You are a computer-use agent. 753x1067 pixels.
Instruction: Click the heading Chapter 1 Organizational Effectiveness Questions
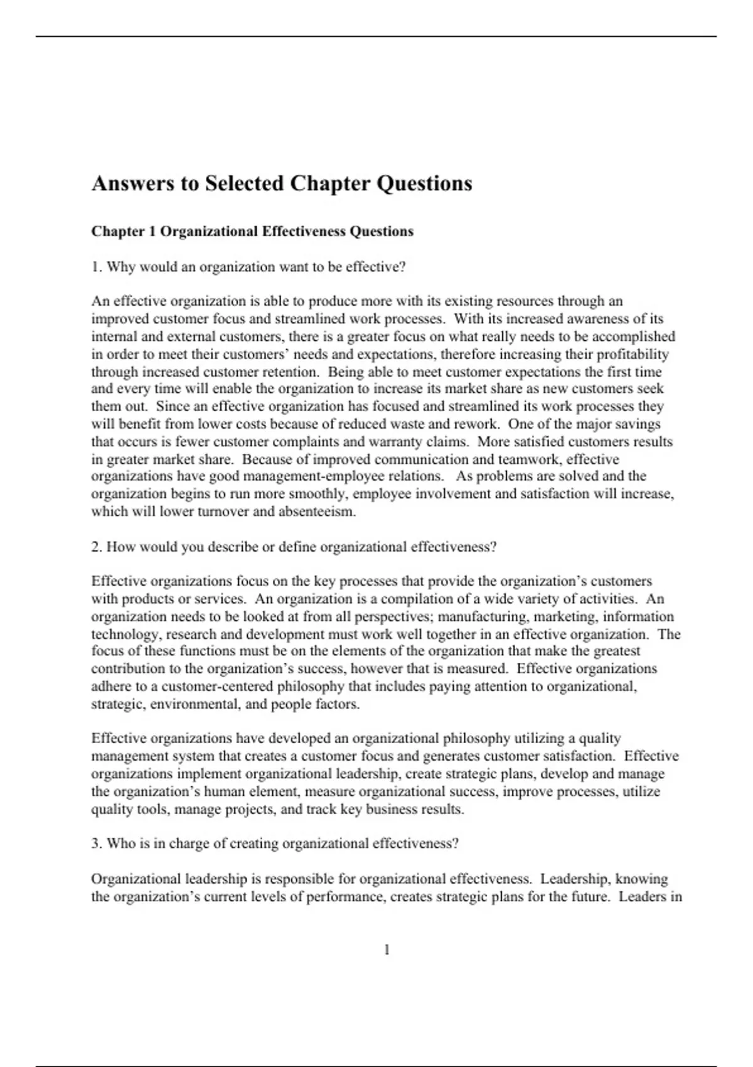(252, 231)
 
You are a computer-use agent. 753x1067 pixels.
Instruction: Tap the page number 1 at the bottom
(387, 950)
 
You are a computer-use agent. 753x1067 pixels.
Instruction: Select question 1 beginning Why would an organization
(248, 267)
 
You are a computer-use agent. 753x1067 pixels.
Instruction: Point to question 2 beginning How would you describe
(294, 547)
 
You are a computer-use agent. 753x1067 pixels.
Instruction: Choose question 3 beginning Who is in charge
(275, 843)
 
